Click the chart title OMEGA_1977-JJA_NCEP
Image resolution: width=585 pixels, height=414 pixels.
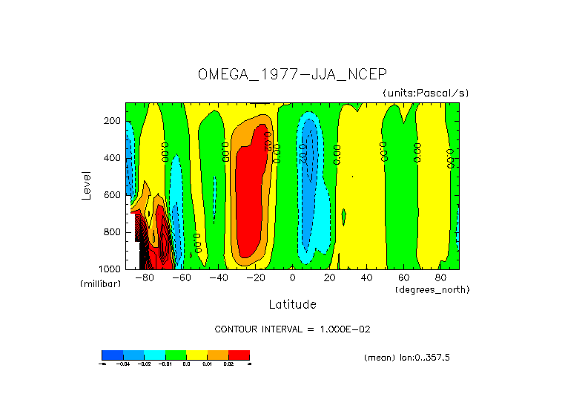[292, 74]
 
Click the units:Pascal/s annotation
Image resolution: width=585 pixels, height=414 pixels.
[426, 93]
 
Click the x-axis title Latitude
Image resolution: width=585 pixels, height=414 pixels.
[292, 304]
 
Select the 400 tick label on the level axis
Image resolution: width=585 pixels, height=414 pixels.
[113, 158]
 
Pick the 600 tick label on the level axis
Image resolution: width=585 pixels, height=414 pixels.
[113, 195]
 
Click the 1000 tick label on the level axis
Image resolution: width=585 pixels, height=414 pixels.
[110, 269]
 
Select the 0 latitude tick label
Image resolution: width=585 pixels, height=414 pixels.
[292, 278]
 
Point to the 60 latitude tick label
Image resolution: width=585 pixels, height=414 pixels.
[403, 278]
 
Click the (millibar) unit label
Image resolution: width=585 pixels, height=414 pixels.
[100, 284]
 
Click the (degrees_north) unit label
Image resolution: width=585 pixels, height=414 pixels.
[432, 289]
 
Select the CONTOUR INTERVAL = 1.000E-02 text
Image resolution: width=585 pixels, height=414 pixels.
[297, 329]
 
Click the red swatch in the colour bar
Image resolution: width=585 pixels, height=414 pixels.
[239, 355]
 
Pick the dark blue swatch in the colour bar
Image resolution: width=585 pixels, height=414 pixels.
[112, 355]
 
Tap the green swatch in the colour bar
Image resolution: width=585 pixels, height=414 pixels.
[176, 355]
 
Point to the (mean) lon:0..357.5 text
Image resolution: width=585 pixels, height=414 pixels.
[406, 357]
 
